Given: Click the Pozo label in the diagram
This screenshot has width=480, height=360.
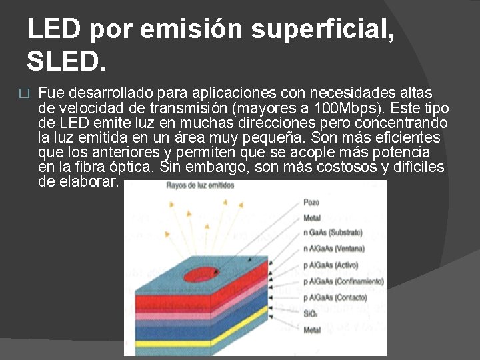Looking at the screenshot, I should pyautogui.click(x=311, y=202).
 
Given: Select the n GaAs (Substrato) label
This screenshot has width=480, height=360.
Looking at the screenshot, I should pyautogui.click(x=333, y=233).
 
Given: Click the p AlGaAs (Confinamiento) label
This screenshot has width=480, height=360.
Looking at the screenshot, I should pyautogui.click(x=343, y=281).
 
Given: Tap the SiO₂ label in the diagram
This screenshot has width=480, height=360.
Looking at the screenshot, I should pyautogui.click(x=311, y=313).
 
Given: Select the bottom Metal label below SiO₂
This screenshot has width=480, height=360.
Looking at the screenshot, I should pyautogui.click(x=312, y=329).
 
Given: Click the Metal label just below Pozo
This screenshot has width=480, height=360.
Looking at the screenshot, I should pyautogui.click(x=312, y=217).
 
